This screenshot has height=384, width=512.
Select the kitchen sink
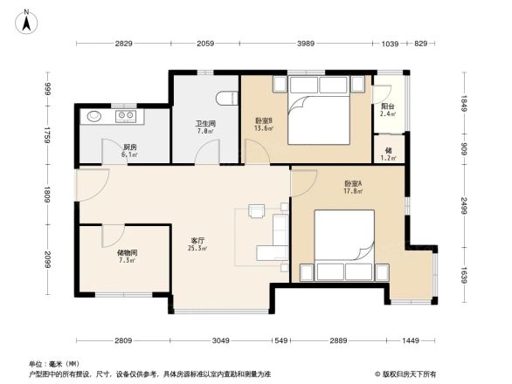click(93, 115)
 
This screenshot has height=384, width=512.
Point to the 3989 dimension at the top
click(305, 43)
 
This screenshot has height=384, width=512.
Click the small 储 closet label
click(388, 149)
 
